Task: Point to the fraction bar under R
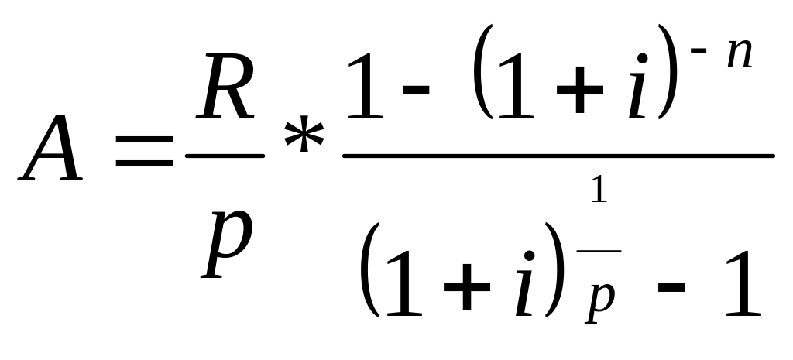click(225, 156)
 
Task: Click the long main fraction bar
click(558, 156)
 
